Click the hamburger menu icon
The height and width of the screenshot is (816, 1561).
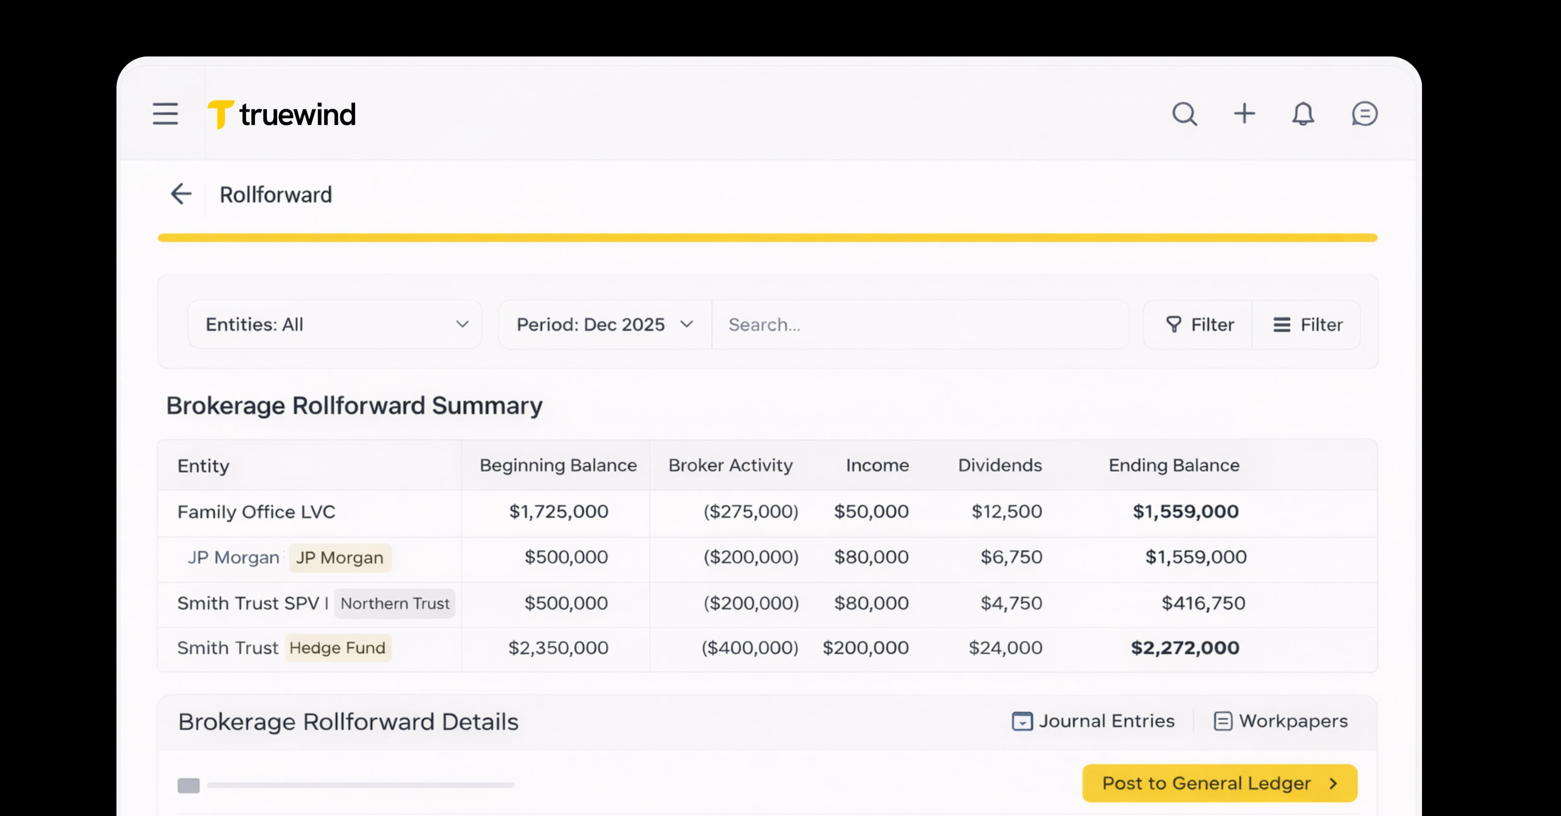165,114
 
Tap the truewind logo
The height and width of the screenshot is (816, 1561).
282,115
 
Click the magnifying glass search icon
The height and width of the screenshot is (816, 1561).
1184,114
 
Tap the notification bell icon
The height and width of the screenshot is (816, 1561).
1303,114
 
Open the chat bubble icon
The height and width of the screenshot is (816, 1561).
1364,114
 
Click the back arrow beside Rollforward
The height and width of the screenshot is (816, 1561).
180,195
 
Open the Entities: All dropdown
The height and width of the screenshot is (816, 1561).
335,325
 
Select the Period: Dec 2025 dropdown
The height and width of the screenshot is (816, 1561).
604,325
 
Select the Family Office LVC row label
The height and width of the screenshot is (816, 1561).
256,512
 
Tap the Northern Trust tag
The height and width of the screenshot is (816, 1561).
394,603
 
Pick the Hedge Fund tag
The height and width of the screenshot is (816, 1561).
337,648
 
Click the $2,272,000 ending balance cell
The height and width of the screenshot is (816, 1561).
1185,648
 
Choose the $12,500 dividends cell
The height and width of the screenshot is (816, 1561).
1007,512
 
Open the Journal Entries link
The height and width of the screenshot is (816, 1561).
1094,721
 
